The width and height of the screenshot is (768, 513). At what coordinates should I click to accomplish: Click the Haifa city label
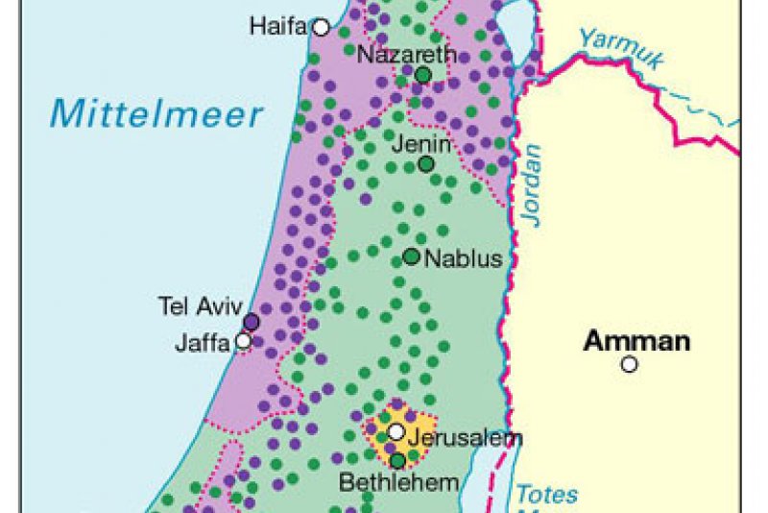(278, 26)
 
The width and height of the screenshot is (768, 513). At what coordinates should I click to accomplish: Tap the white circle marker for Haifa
(321, 27)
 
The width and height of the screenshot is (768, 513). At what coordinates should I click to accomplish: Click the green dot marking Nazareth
(422, 74)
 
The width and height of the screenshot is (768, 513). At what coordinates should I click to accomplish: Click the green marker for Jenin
(425, 163)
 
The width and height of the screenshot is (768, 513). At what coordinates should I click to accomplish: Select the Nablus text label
(463, 257)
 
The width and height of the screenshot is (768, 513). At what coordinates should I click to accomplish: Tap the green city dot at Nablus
(411, 256)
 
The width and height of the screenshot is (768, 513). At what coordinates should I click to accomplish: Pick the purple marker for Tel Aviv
(251, 322)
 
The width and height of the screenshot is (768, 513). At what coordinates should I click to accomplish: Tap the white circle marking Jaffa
(244, 340)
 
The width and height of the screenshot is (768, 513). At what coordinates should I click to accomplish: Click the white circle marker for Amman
(629, 364)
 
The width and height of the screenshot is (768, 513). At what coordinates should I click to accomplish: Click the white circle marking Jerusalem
(396, 432)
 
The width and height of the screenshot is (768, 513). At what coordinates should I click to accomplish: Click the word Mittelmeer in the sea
(156, 113)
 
